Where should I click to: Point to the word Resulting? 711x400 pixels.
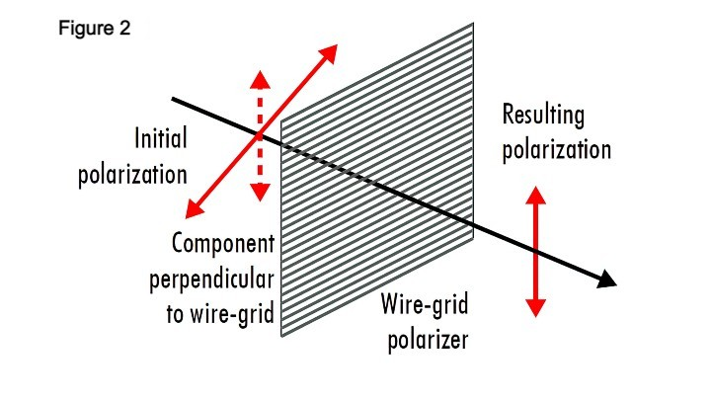click(x=543, y=116)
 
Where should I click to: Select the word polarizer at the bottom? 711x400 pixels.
click(x=426, y=341)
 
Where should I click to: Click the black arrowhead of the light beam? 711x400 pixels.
click(x=607, y=281)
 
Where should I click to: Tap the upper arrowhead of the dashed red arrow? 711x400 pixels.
click(x=260, y=78)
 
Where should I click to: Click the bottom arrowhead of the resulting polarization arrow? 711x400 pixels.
click(x=535, y=308)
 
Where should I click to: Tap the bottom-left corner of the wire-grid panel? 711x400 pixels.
click(x=283, y=335)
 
